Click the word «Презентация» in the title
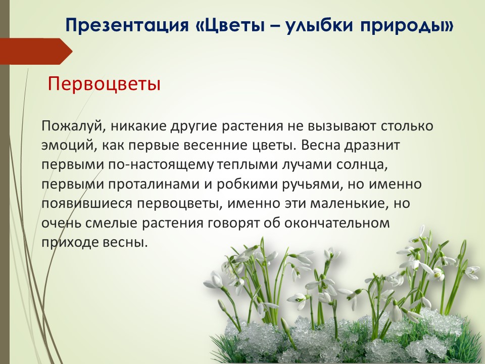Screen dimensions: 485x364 (127, 25)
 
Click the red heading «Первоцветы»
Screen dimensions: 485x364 (104, 83)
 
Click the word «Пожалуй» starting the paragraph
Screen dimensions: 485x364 (74, 126)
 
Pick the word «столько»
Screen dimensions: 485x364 (407, 126)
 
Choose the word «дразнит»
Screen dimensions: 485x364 (372, 146)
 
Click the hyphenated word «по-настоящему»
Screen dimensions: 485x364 (161, 165)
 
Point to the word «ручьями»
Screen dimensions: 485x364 (313, 185)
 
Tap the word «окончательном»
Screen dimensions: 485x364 (337, 223)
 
